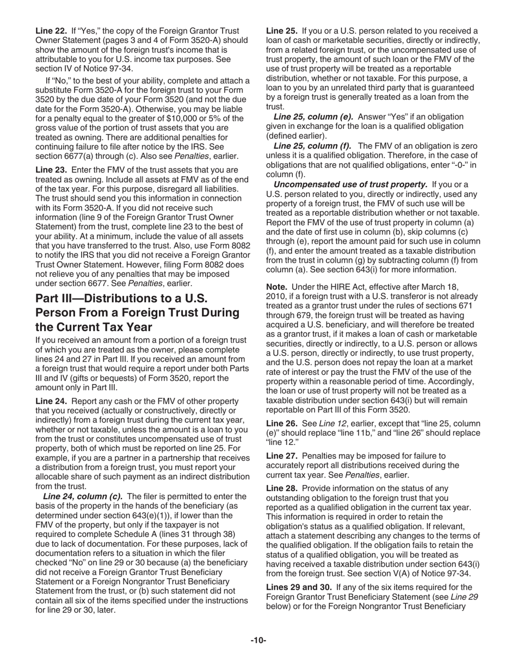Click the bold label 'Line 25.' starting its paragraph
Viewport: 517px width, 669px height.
pos(281,31)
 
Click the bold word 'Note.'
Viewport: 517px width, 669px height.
pos(277,287)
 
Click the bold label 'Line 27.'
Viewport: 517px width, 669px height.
pos(281,456)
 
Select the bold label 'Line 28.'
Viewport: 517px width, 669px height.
pos(281,488)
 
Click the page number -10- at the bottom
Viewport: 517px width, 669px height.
pos(258,641)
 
